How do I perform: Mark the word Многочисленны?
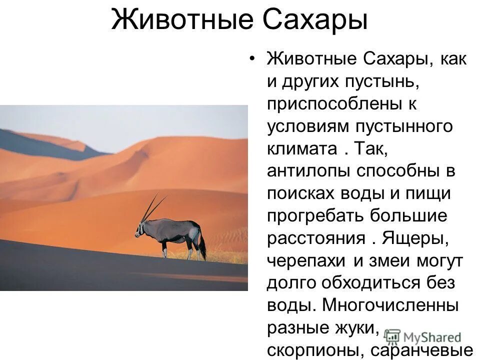click(x=391, y=305)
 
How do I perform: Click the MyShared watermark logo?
click(x=424, y=337)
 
